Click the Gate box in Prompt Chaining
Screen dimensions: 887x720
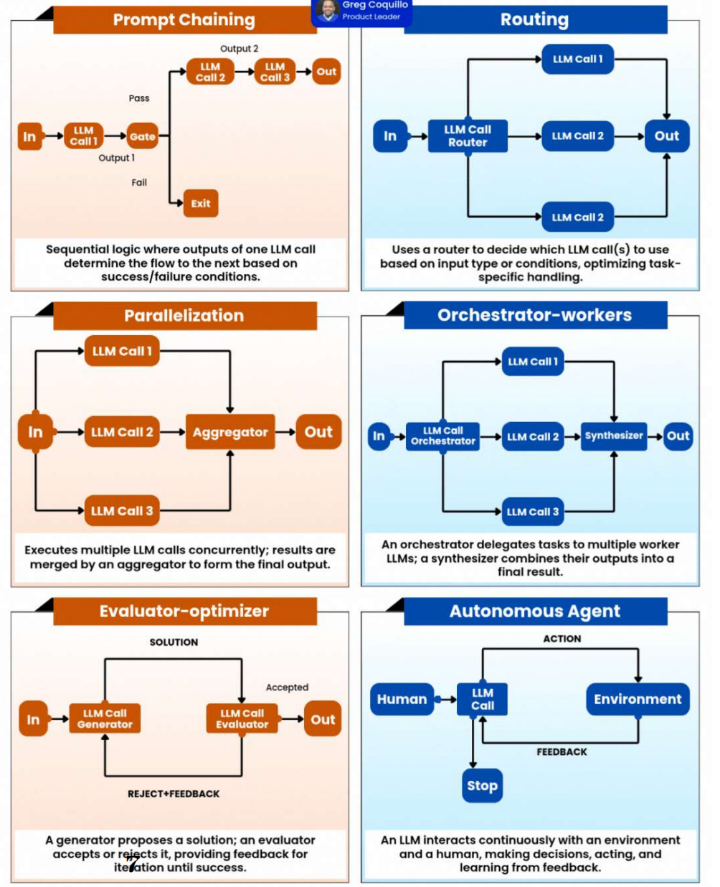tap(142, 136)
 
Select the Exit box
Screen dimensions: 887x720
tap(201, 203)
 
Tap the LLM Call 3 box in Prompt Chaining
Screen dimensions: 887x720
tap(275, 72)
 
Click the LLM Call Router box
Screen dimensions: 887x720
tap(468, 136)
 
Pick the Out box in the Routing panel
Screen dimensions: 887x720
tap(666, 136)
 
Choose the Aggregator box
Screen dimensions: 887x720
tap(230, 432)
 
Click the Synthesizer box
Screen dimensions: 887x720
tap(614, 436)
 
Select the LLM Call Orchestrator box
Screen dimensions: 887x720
tap(442, 436)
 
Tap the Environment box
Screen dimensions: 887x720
tap(638, 699)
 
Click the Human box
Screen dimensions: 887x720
tap(402, 699)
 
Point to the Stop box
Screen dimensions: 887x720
tap(482, 786)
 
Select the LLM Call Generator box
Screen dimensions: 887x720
tap(105, 718)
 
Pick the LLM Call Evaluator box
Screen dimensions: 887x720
tap(242, 718)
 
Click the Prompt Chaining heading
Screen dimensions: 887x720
tap(184, 19)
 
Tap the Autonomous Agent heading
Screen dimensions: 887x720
tap(535, 611)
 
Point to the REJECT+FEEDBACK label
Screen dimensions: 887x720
tap(174, 794)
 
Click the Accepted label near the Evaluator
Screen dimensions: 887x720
tap(287, 687)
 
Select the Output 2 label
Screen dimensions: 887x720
tap(240, 49)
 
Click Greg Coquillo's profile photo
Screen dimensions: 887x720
tap(327, 10)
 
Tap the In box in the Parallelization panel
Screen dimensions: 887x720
tap(35, 432)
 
